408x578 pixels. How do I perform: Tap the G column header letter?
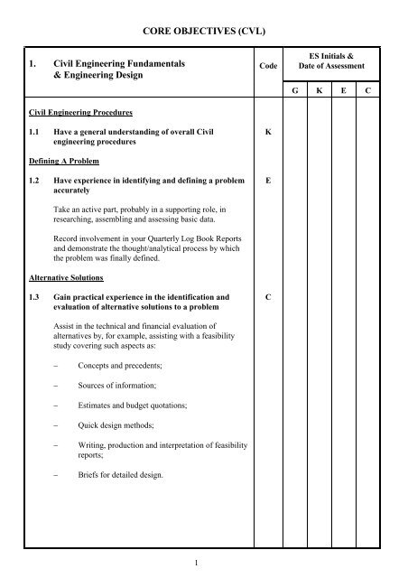click(294, 91)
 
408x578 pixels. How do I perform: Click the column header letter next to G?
click(320, 91)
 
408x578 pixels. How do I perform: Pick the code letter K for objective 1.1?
click(268, 131)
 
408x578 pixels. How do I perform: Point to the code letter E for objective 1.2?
click(268, 180)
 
